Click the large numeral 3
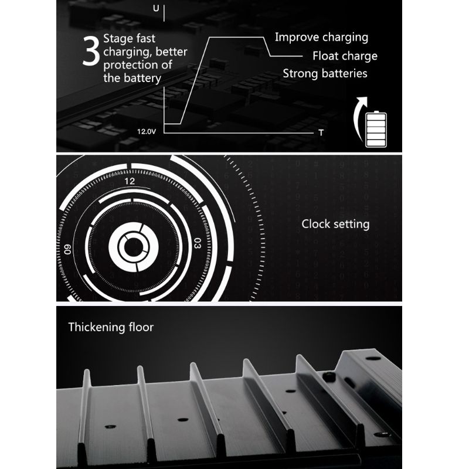point(91,51)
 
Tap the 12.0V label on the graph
point(147,131)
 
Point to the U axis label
point(156,8)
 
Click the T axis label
point(321,132)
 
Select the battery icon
point(376,129)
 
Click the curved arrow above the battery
point(358,117)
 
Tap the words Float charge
point(345,56)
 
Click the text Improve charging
point(321,38)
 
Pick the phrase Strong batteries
point(325,74)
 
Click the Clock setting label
point(335,225)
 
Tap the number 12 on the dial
point(130,181)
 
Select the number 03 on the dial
point(198,243)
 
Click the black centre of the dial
point(134,247)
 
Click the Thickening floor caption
point(111,327)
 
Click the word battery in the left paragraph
point(142,79)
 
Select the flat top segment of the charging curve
point(236,38)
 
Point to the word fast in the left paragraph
point(145,39)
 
